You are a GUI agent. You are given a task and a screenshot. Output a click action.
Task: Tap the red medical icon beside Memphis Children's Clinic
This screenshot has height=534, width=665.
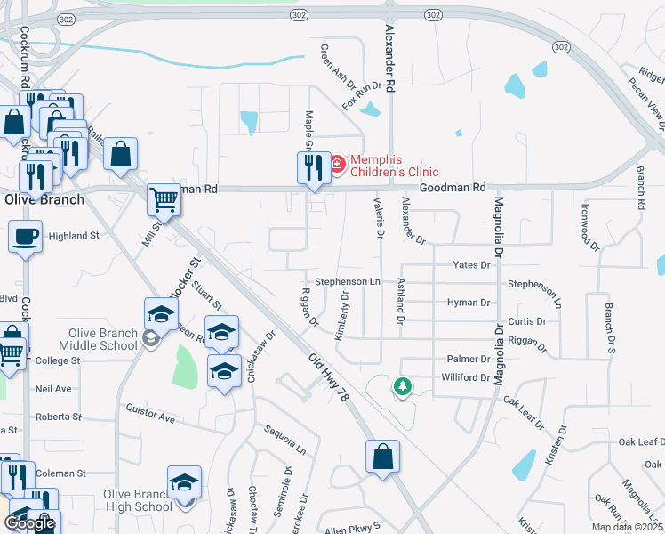tap(338, 164)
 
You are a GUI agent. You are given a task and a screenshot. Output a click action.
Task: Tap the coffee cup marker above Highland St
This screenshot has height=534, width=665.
tap(25, 236)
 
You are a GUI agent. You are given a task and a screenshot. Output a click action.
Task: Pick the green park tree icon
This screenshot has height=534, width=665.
tap(404, 386)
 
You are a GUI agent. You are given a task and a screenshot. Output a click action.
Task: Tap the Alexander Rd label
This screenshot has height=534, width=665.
tap(389, 49)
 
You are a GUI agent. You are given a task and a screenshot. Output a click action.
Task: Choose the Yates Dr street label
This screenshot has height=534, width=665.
tap(471, 265)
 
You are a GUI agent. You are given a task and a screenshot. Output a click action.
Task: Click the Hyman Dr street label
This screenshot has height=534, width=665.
tap(469, 303)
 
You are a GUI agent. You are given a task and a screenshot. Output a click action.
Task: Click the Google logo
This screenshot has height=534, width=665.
tap(30, 522)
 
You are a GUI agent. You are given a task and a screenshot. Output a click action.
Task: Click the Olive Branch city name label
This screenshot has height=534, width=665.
tap(44, 199)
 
